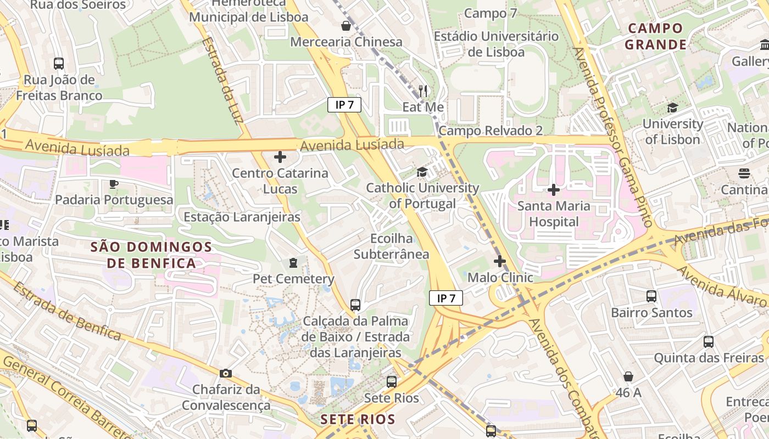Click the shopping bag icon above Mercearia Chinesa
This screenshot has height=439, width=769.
pos(346,25)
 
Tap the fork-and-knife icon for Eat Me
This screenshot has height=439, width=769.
pos(422,91)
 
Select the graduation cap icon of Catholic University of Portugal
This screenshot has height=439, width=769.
pos(422,172)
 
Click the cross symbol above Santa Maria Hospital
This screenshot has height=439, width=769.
pos(554,190)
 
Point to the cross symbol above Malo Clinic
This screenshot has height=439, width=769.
pos(500,261)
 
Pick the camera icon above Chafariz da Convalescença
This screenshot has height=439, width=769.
pos(225,374)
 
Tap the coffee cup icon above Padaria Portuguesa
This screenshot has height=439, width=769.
pos(114,184)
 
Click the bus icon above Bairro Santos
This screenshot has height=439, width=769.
pos(651,296)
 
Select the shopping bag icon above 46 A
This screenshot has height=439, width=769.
pos(628,376)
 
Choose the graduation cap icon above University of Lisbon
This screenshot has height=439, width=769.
pos(672,108)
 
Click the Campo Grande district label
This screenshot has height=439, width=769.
pos(656,36)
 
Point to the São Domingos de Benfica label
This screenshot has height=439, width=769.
pos(152,255)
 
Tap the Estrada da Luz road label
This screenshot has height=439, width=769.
pos(222,81)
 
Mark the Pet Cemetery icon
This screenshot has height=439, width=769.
pos(293,263)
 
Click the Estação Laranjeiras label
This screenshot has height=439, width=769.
pos(242,217)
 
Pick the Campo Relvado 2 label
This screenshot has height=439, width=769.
pos(491,131)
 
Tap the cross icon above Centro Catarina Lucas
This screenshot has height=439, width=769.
pos(280,157)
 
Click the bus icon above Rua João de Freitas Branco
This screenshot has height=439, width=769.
pos(59,64)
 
